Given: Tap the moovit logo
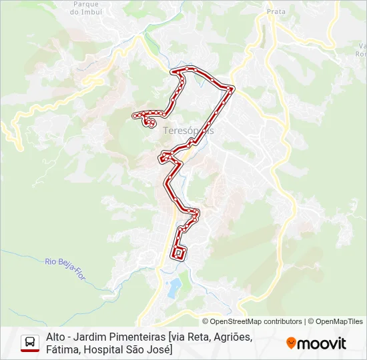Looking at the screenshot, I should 316,343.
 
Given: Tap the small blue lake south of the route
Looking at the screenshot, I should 174,288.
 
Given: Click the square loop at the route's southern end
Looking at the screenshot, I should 179,253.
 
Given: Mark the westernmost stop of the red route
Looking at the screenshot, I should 135,116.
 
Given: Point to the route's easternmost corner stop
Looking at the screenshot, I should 231,88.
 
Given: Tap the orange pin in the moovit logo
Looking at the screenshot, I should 291,343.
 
